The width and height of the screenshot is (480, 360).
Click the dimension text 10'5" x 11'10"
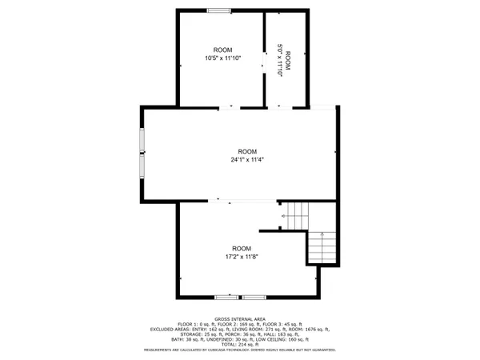(x=222, y=58)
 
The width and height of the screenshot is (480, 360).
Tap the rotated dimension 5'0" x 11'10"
(x=279, y=59)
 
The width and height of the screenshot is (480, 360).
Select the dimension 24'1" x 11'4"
(x=247, y=159)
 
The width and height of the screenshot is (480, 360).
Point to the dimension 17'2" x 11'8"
(x=241, y=257)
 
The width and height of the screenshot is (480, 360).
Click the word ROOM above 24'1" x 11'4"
(x=247, y=151)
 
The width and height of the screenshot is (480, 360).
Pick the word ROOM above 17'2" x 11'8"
(x=241, y=248)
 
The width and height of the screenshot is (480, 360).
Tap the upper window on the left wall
(x=142, y=140)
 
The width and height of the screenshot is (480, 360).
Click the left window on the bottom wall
(x=226, y=296)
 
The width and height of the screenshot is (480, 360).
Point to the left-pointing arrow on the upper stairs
(x=284, y=216)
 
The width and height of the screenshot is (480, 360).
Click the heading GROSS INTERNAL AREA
(x=239, y=317)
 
